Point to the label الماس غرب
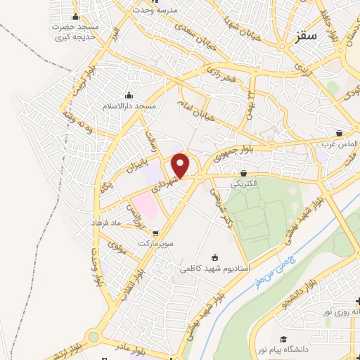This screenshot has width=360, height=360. click(x=340, y=143)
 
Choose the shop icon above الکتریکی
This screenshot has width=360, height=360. click(x=243, y=173)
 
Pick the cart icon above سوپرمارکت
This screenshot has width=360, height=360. click(x=155, y=233)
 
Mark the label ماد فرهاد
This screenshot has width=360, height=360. click(x=106, y=222)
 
